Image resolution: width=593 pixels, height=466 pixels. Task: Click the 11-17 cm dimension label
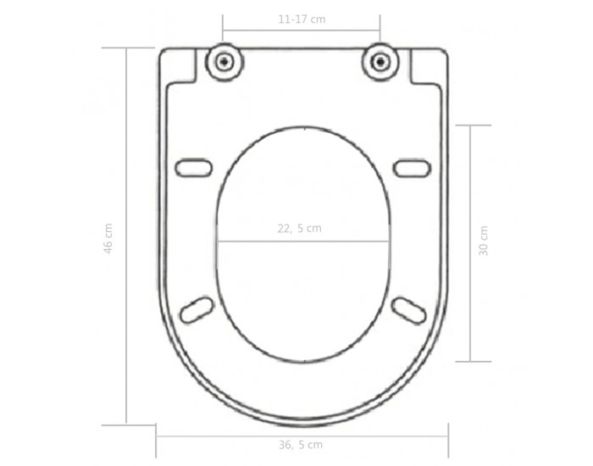tap(302, 19)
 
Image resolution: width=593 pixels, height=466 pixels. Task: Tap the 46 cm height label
tap(108, 238)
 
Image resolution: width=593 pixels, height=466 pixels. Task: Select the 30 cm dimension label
tap(484, 241)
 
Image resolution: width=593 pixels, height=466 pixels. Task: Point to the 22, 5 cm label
tap(300, 229)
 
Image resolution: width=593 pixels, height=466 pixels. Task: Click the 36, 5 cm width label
tap(301, 445)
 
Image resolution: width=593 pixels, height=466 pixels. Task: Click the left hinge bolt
tap(224, 62)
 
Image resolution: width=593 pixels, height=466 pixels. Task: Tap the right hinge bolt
tap(380, 62)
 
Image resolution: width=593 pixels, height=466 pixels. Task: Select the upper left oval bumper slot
tap(194, 168)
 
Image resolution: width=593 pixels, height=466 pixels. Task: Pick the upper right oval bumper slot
tap(412, 168)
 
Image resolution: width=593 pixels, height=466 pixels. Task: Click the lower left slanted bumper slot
tap(197, 310)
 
